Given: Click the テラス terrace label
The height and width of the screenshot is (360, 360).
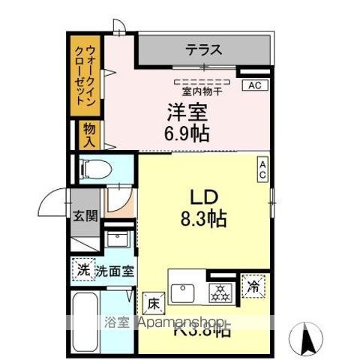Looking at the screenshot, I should tap(203, 51).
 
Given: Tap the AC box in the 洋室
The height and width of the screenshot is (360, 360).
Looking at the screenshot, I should tap(254, 85).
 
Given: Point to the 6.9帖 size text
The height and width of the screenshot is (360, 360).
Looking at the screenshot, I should tap(187, 133).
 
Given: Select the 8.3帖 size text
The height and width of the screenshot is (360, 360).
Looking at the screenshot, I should tap(198, 220).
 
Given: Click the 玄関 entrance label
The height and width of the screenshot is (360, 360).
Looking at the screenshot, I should tap(85, 217).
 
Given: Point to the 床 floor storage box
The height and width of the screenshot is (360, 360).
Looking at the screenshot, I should tap(151, 304).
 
